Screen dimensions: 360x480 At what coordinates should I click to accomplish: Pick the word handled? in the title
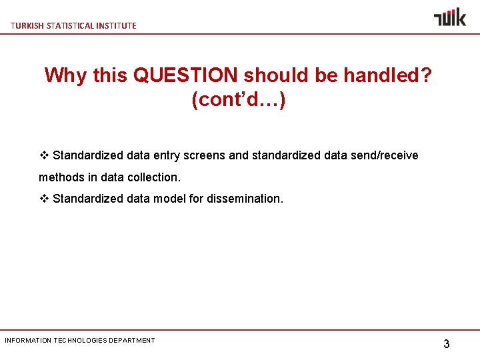point(387,75)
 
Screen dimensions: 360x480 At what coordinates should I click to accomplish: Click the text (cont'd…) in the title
point(239,100)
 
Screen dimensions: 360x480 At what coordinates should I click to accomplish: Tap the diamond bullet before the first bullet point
point(44,155)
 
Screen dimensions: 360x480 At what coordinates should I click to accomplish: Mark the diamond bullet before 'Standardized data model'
point(44,199)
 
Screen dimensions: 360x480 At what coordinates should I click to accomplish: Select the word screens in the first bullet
point(203,155)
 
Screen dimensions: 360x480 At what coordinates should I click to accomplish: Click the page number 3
point(447,344)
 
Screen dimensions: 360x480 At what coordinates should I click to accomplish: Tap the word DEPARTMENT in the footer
point(133,341)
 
